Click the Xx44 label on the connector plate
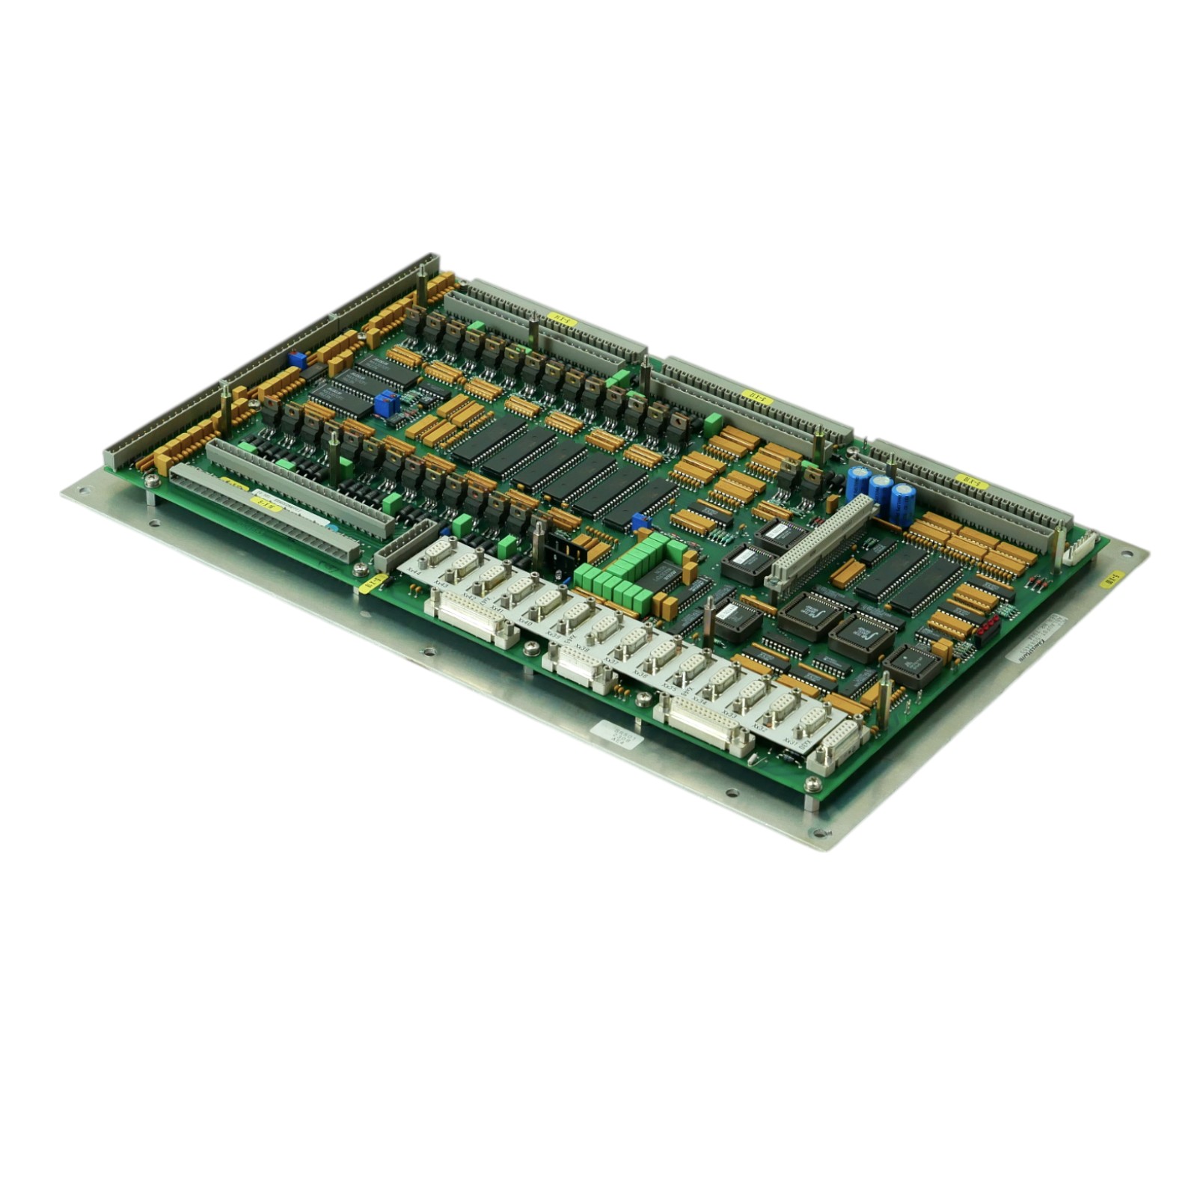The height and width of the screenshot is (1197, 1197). (x=414, y=569)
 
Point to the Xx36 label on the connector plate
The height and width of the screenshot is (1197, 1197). (x=640, y=673)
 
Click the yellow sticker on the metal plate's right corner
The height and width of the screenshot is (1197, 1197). (x=1113, y=578)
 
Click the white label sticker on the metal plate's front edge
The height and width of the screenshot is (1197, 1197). (x=615, y=734)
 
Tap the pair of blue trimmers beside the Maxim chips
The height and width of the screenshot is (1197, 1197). (x=386, y=403)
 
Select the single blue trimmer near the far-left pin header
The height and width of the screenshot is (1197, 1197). (x=297, y=359)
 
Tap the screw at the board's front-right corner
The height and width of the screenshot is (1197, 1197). (x=812, y=783)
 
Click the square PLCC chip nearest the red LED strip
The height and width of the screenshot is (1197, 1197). (x=910, y=664)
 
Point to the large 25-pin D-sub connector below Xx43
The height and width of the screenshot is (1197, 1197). (x=471, y=616)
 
